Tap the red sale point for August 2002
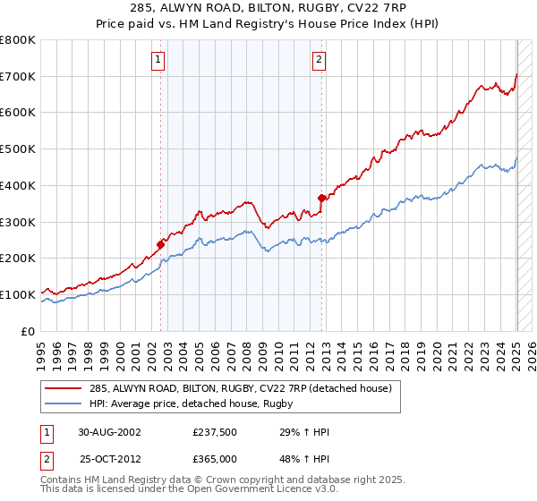click(161, 243)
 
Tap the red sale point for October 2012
click(322, 198)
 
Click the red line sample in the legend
click(64, 388)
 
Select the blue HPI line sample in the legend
click(64, 403)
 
